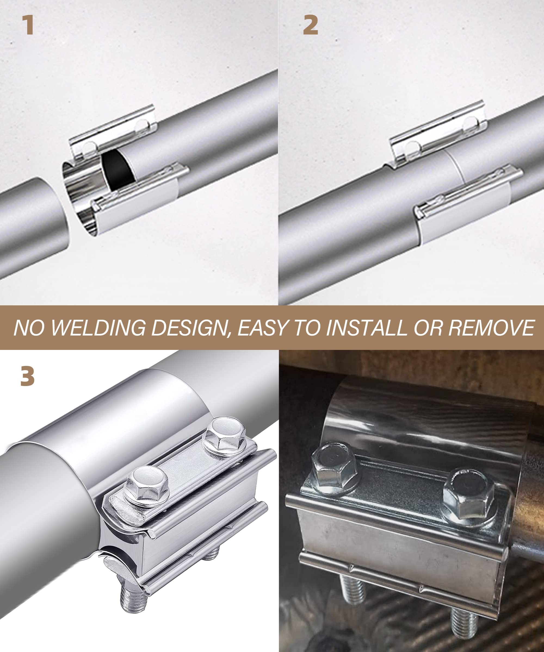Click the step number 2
[310, 25]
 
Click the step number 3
[27, 376]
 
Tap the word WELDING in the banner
[98, 328]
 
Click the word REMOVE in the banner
[491, 328]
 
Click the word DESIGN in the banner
[190, 328]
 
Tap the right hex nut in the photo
[469, 495]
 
